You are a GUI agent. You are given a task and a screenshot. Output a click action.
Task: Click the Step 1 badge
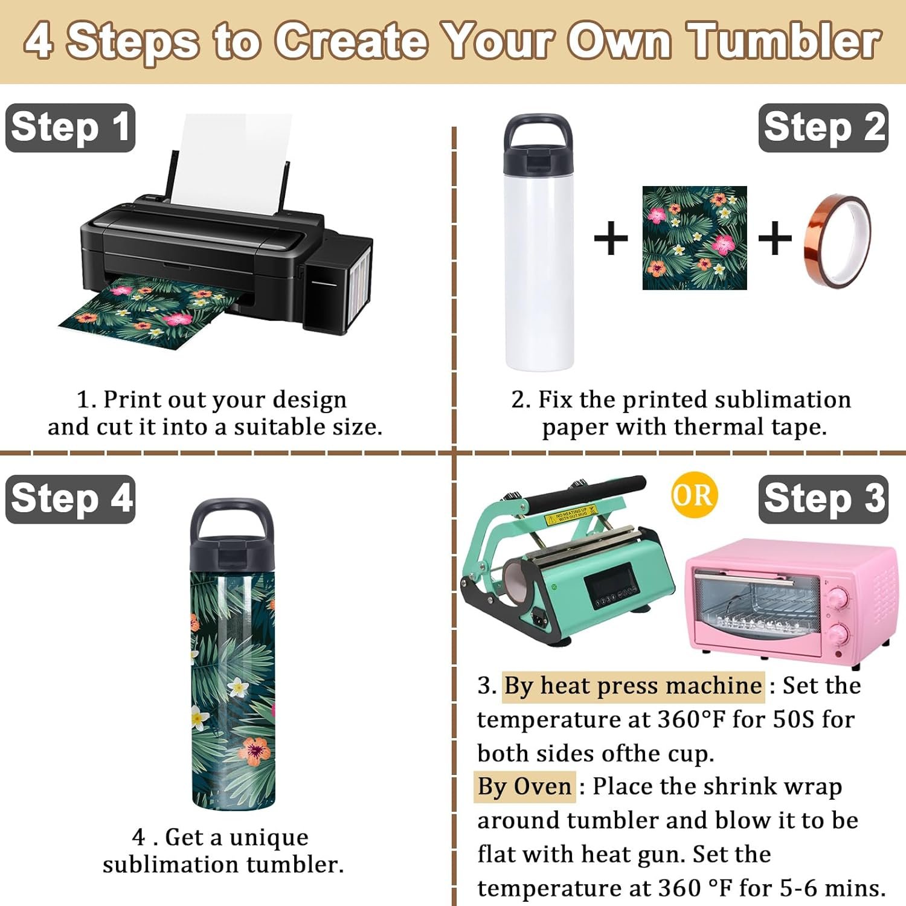tap(70, 127)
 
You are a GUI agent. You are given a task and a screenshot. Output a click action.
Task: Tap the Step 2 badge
tap(823, 127)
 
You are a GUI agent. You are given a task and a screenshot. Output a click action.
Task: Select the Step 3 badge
tap(823, 499)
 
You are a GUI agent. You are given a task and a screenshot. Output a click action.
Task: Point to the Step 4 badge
tap(70, 499)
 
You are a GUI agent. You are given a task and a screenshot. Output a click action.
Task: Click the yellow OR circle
tap(694, 495)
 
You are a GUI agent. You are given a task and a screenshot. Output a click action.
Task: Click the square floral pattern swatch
tap(695, 238)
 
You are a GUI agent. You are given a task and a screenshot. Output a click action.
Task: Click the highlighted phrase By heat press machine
tap(633, 686)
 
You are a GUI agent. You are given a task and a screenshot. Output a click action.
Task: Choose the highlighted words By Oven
tap(524, 786)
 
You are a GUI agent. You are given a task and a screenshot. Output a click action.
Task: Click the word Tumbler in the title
tap(784, 41)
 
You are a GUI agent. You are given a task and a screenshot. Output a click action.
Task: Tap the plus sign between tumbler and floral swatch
tap(611, 238)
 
